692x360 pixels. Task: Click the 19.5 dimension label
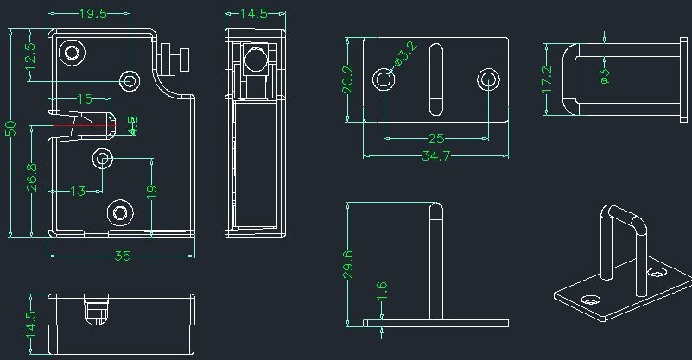pos(92,14)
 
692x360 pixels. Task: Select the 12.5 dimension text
pos(30,57)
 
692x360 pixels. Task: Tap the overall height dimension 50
pos(11,129)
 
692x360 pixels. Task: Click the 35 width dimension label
pos(122,256)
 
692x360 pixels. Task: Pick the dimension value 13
pos(78,190)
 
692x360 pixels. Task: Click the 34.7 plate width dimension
pos(435,156)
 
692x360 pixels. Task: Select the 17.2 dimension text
pos(546,79)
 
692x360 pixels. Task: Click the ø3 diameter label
pos(604,76)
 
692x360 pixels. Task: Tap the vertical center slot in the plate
pos(436,79)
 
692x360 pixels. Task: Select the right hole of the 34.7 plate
pos(489,80)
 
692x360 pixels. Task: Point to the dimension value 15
pos(84,99)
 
